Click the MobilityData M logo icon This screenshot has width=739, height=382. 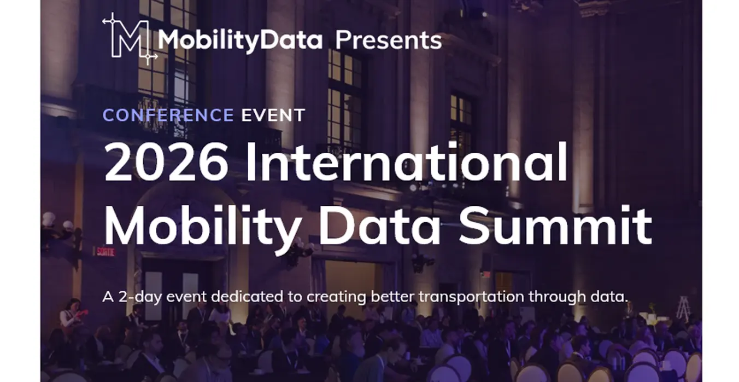[130, 39]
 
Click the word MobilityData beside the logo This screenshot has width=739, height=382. [240, 40]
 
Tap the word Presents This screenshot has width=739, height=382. [388, 40]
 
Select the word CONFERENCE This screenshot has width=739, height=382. [168, 115]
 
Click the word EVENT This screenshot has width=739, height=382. [273, 115]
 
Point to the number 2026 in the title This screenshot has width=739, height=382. [166, 162]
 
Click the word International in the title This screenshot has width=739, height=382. [407, 161]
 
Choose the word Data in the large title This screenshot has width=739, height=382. [379, 226]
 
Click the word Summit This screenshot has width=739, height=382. [555, 225]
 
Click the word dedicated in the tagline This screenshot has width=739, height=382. [247, 297]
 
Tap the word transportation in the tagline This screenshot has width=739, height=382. [472, 297]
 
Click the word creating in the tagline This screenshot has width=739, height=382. [336, 297]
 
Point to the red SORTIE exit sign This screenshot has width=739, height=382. [105, 252]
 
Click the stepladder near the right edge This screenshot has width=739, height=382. [683, 308]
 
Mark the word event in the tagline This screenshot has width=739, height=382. [186, 297]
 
